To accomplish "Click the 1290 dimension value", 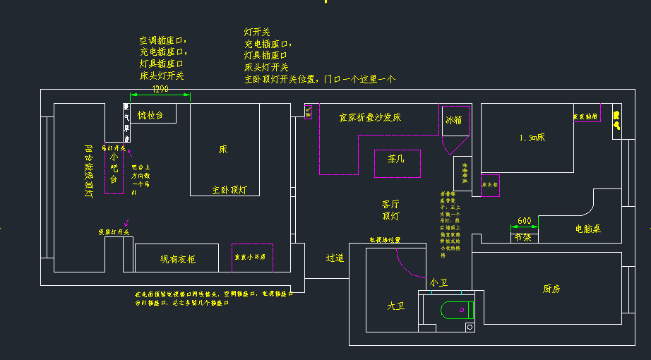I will (x=161, y=89).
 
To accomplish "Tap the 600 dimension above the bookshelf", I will (x=524, y=221).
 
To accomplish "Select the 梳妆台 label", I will (x=150, y=115).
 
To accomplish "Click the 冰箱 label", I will (x=453, y=120).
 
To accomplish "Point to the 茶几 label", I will (x=397, y=160).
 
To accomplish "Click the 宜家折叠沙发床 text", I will (x=370, y=117).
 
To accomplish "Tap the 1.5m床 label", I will (x=532, y=137).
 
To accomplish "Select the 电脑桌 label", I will (x=588, y=229).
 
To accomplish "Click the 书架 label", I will (x=523, y=237).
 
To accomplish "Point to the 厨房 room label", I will (x=551, y=288).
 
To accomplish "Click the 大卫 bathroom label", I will (x=395, y=306).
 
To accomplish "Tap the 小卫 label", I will (x=438, y=282).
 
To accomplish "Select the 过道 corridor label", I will (x=335, y=258).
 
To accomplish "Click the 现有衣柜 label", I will (x=178, y=260).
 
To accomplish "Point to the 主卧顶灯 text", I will (x=229, y=190).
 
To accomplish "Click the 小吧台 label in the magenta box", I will (x=113, y=170).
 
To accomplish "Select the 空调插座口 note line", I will (x=162, y=40).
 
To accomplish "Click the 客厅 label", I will (x=390, y=203).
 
